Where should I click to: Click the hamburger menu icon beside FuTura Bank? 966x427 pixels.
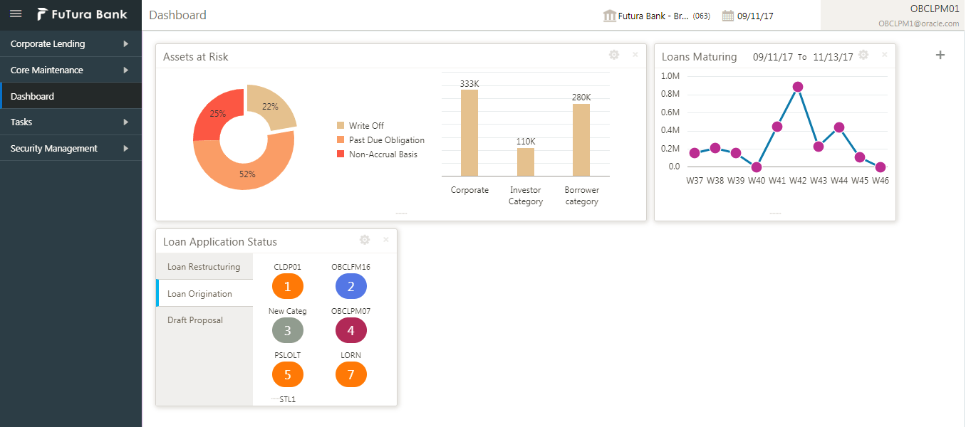coord(16,14)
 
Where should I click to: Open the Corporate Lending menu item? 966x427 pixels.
coord(48,44)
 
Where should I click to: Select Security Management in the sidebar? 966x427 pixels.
coord(54,149)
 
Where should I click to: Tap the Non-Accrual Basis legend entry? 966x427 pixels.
coord(383,154)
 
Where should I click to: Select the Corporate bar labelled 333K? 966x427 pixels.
coord(469,132)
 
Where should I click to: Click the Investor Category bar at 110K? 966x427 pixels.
coord(526,162)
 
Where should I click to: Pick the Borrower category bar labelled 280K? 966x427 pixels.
coord(581,139)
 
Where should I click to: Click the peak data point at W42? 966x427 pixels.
coord(798,87)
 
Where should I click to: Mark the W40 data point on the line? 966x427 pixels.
coord(757,167)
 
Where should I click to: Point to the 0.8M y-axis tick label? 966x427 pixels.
coord(670,94)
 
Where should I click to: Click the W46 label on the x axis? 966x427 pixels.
coord(881,181)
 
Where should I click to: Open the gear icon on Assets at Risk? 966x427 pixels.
coord(614,55)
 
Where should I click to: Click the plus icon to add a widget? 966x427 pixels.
coord(940,55)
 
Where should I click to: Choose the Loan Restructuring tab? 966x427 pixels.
coord(204,267)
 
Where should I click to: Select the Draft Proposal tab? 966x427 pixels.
coord(195,320)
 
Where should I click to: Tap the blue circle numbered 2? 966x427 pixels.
coord(351,286)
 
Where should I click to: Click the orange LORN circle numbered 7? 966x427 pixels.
coord(351,374)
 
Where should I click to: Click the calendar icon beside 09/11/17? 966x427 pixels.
coord(727,16)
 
